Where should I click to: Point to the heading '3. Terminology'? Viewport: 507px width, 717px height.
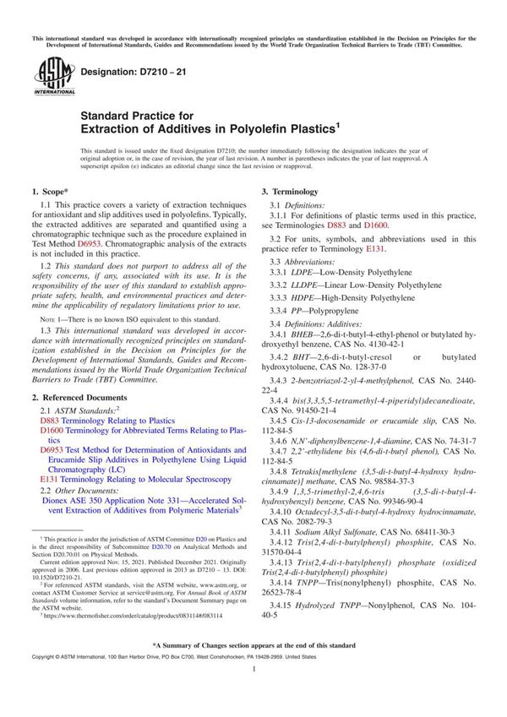pos(289,193)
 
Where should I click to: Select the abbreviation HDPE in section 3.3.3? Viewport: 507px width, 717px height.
pos(301,298)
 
